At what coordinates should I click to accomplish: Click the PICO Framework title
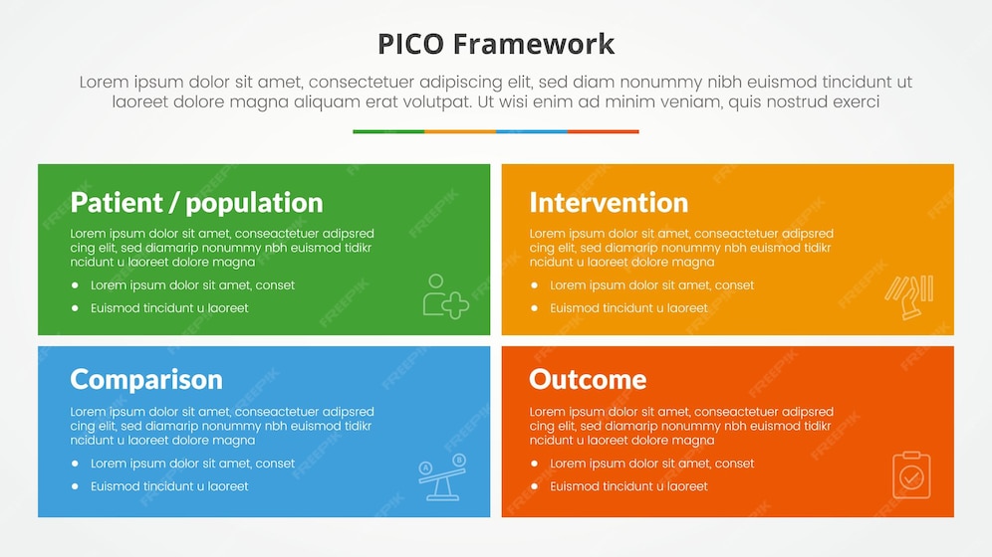pos(496,44)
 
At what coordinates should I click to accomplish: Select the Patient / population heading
pos(196,202)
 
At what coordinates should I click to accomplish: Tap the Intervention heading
pos(608,202)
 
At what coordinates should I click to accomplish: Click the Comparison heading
pos(146,379)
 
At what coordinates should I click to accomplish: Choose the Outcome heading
pos(588,379)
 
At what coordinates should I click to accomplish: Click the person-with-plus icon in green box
pos(444,296)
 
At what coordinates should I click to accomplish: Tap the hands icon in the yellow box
pos(909,296)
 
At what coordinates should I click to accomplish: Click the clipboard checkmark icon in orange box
pos(910,475)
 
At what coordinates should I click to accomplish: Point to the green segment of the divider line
pos(388,131)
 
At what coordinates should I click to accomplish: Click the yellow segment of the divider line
pos(460,131)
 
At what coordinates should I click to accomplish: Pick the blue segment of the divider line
pos(532,131)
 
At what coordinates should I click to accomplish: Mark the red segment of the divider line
pos(604,131)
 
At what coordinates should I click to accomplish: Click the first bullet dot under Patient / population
pos(75,285)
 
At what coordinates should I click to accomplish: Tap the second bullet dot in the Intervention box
pos(534,308)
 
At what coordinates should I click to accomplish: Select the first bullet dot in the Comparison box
pos(75,464)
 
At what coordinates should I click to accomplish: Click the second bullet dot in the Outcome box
pos(534,486)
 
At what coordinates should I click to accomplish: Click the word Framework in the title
pos(533,44)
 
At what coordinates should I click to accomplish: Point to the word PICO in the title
pos(411,44)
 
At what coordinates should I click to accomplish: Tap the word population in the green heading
pos(254,203)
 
